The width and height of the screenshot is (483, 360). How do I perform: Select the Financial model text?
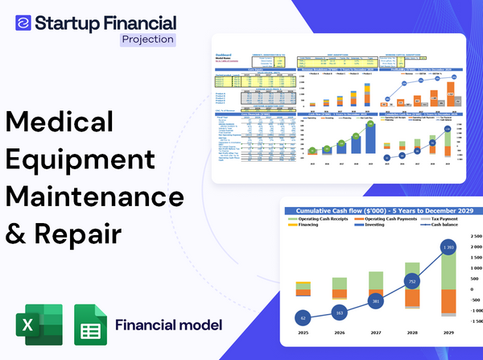pyautogui.click(x=169, y=325)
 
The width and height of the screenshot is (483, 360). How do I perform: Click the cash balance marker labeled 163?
pyautogui.click(x=338, y=312)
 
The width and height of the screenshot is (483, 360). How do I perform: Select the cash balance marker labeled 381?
pyautogui.click(x=374, y=301)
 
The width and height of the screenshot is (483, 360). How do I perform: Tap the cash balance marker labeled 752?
pyautogui.click(x=411, y=282)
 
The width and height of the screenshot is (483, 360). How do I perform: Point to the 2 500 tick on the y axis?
pyautogui.click(x=473, y=246)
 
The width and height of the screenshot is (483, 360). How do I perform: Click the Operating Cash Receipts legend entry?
pyautogui.click(x=323, y=218)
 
